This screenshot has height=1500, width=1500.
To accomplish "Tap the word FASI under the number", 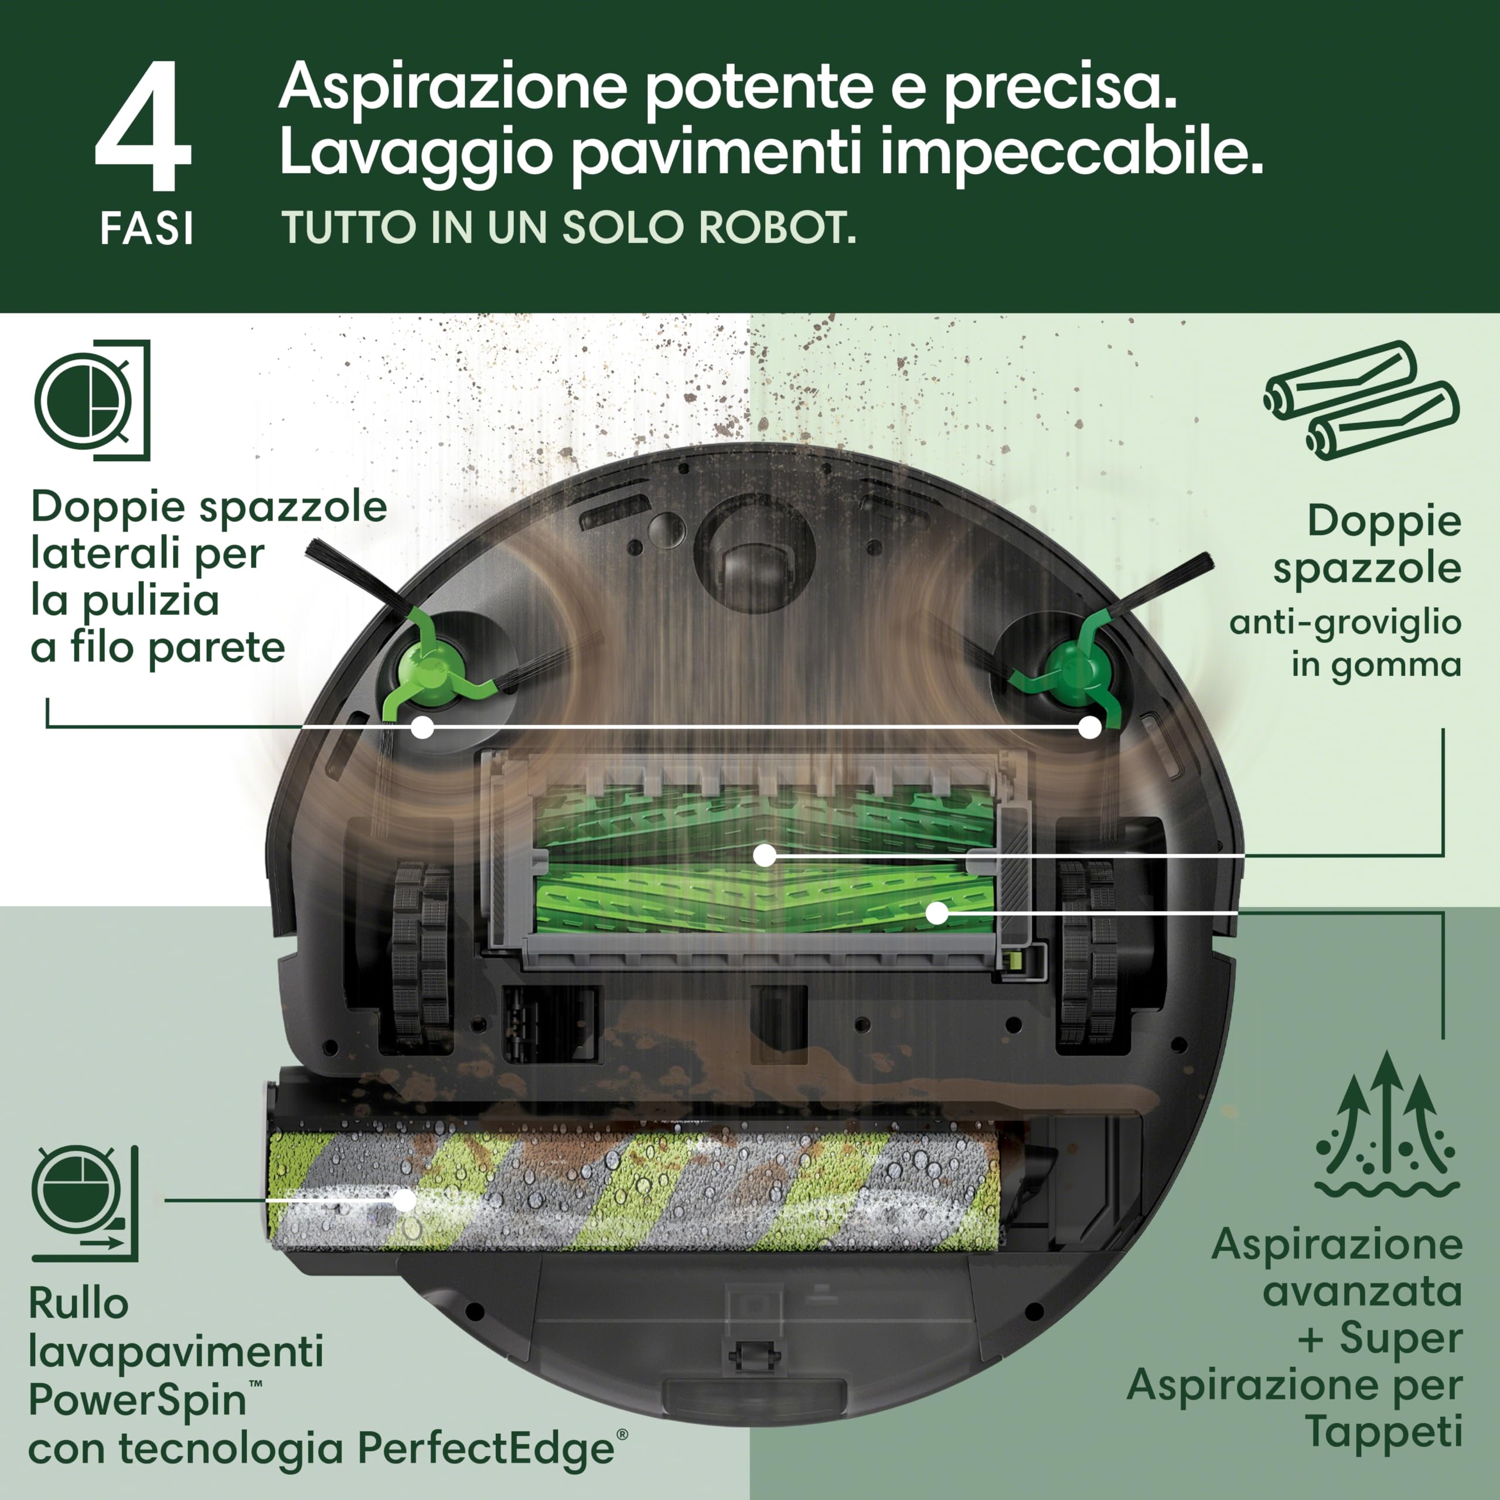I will (146, 229).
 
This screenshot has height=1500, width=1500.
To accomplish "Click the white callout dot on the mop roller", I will (404, 1199).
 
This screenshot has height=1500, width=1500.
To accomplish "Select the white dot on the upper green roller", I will (765, 855).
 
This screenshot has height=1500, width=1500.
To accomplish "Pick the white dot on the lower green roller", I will (937, 913).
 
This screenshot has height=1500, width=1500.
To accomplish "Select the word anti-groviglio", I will (1345, 623).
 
